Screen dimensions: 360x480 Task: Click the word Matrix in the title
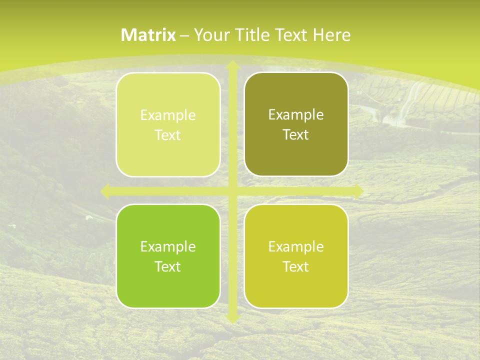tap(148, 35)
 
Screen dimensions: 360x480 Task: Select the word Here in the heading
tap(331, 35)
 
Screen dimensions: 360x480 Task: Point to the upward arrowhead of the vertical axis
tap(232, 65)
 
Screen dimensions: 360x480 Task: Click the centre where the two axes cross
tap(232, 191)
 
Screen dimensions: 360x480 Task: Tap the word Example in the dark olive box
tap(296, 115)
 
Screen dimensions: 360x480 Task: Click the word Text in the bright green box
tap(168, 266)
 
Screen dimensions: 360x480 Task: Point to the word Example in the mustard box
tap(296, 246)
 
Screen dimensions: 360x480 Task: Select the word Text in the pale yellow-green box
tap(168, 135)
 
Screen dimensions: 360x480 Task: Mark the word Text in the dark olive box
tap(296, 135)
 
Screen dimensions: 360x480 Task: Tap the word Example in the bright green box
tap(168, 246)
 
